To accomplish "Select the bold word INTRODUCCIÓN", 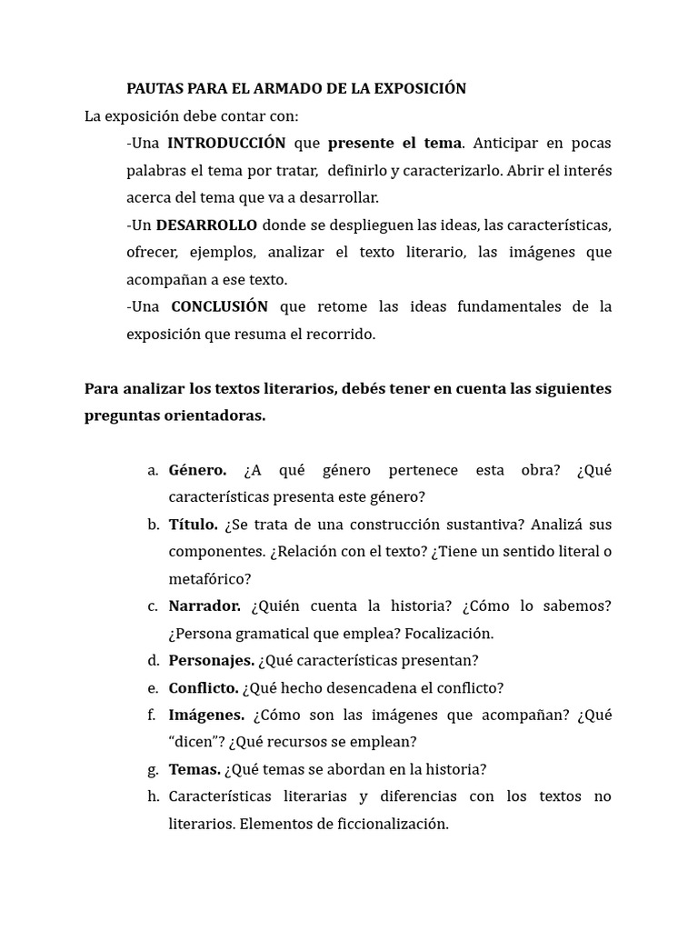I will (226, 143).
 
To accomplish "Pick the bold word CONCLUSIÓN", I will (219, 306).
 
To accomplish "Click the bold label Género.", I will (197, 470).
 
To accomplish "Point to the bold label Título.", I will (193, 525).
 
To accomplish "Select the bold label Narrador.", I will (204, 606).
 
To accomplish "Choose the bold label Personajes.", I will (211, 660).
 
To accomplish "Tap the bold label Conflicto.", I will (204, 687).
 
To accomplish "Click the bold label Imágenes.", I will (206, 715).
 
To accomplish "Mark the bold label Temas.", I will (194, 769).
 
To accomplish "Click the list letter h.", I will (153, 796).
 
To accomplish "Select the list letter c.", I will (153, 606).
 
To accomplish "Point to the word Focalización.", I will (449, 634).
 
